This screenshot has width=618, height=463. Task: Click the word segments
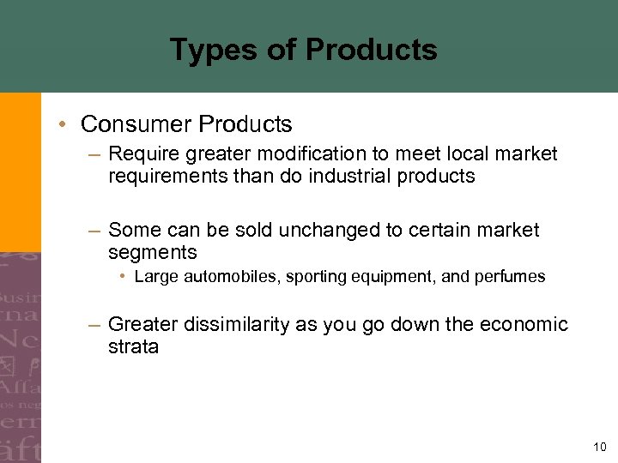153,253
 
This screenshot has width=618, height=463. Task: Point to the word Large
154,277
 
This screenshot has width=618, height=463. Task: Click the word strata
133,347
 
